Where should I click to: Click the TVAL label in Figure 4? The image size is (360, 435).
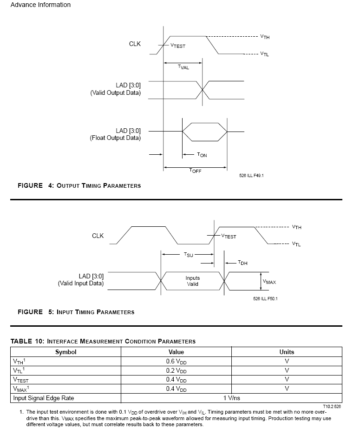[x=183, y=67]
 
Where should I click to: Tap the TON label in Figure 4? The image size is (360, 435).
[x=202, y=155]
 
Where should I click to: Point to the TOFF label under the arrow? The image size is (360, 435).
[x=195, y=171]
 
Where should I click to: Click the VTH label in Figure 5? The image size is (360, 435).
[x=296, y=227]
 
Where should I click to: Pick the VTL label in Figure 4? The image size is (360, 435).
[x=264, y=54]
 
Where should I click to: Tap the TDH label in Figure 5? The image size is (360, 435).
[x=242, y=263]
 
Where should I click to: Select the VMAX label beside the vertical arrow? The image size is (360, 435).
[x=269, y=282]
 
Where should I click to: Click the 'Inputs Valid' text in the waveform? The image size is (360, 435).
[x=192, y=281]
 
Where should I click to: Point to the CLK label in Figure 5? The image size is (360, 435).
[x=98, y=236]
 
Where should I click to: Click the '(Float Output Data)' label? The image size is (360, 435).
[x=115, y=138]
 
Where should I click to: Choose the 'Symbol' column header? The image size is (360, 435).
[x=65, y=352]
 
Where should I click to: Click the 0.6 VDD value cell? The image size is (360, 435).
[x=176, y=361]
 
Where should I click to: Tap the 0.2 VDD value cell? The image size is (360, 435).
[x=176, y=370]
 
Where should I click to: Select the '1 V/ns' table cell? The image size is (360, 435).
[x=231, y=398]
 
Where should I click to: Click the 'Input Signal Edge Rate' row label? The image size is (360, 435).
[x=43, y=398]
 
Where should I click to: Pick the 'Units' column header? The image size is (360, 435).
[x=287, y=352]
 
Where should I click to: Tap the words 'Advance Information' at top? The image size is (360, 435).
[x=40, y=5]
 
